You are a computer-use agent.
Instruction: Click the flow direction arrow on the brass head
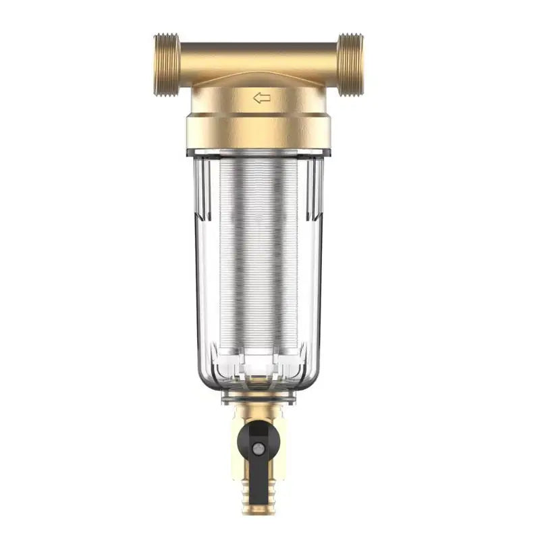[x=262, y=98]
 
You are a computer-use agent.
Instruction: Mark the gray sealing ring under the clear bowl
[x=259, y=398]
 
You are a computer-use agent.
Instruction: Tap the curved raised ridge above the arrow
[x=259, y=78]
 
